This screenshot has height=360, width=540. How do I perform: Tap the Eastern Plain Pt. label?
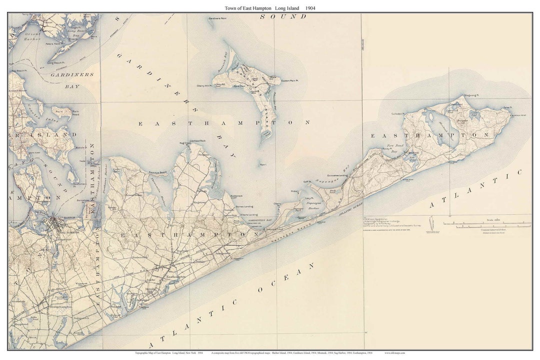coord(289,81)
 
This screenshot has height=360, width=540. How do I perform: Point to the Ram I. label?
coord(263,164)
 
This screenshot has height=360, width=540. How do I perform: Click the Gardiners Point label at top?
coord(217,19)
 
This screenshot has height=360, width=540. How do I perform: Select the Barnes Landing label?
coord(244,206)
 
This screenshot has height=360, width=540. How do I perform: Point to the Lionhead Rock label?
coord(197,141)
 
